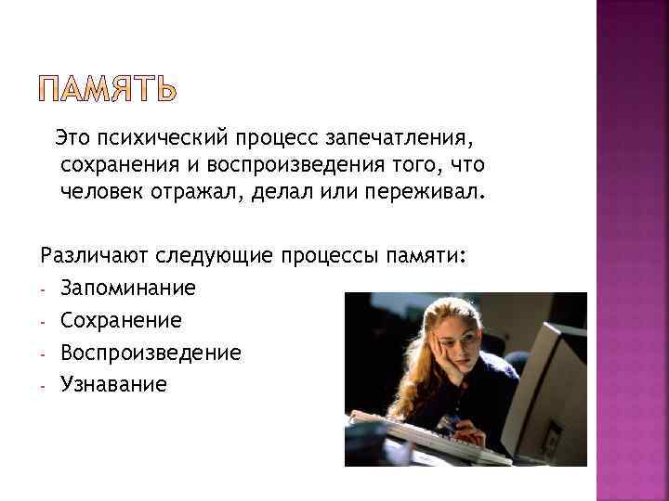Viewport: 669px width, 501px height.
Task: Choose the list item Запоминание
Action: pos(128,289)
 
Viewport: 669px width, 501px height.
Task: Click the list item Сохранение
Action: pos(121,321)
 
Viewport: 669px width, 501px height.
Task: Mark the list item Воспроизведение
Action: pos(151,353)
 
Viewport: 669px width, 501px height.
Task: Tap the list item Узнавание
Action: pos(113,384)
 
